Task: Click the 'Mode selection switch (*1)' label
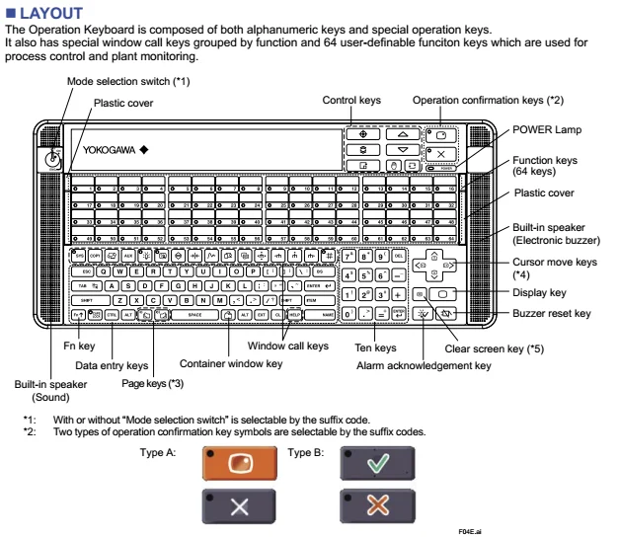115,79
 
